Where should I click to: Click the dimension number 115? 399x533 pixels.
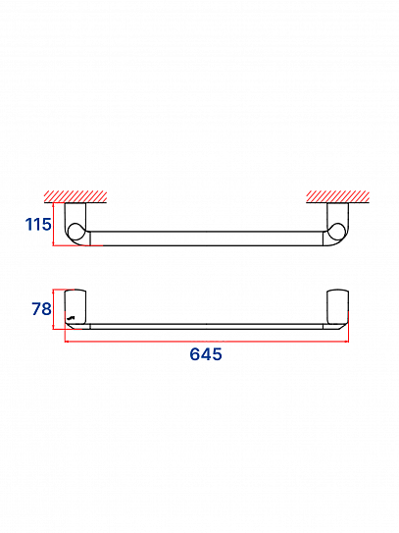(x=37, y=225)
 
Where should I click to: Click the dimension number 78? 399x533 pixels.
(x=41, y=308)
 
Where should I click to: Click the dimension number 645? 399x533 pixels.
(x=206, y=354)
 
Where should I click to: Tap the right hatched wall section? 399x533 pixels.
(x=337, y=196)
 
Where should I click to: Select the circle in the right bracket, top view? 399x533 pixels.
(x=336, y=232)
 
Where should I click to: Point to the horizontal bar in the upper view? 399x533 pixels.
(x=206, y=237)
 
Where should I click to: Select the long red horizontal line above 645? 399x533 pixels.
(x=206, y=342)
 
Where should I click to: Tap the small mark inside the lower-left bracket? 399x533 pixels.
(x=71, y=318)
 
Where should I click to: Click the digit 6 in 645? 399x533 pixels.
(x=195, y=354)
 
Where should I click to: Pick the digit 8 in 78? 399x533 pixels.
(x=46, y=308)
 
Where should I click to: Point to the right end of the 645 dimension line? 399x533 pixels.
(x=348, y=342)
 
